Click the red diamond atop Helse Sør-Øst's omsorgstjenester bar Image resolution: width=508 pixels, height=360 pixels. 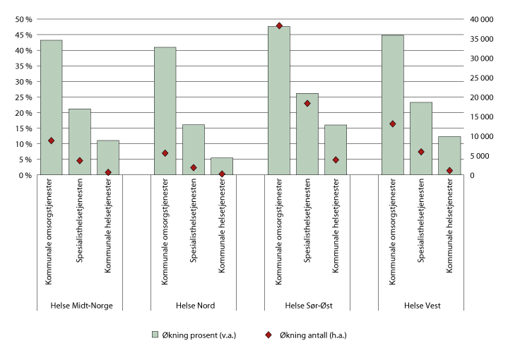(x=279, y=26)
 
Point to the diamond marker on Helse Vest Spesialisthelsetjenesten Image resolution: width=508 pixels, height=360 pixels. (x=421, y=152)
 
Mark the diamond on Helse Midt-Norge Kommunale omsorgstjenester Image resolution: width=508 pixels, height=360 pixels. (x=51, y=140)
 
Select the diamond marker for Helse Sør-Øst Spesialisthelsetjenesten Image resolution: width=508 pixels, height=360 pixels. (x=307, y=104)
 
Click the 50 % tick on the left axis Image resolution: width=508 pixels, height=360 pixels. (x=23, y=19)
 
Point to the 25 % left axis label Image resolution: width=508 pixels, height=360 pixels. (x=23, y=97)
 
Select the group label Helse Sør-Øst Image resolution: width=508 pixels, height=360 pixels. (x=307, y=306)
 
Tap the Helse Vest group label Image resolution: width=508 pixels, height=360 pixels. (x=421, y=306)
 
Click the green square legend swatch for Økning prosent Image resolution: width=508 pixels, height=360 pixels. (x=155, y=335)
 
